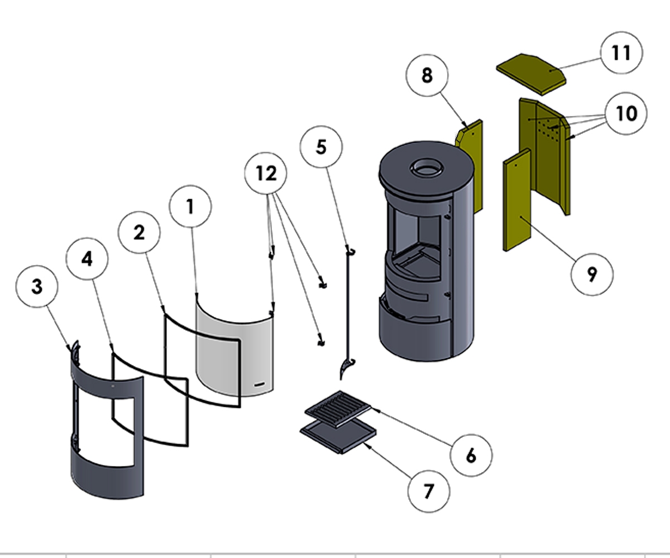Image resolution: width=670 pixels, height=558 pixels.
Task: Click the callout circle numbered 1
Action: [x=190, y=207]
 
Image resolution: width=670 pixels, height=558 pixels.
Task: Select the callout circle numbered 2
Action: [x=139, y=232]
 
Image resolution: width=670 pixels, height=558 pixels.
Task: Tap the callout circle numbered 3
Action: [x=37, y=287]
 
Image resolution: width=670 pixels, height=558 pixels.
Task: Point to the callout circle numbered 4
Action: [x=87, y=259]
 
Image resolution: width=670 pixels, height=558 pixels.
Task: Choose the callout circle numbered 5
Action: [x=321, y=147]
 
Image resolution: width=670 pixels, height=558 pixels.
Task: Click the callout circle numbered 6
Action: [x=471, y=455]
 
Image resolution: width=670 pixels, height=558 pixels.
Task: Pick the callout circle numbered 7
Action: [x=428, y=491]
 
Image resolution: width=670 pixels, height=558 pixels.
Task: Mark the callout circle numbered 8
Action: [x=427, y=75]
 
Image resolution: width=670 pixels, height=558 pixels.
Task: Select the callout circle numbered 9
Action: [x=592, y=274]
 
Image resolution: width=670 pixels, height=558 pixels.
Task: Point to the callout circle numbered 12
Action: [x=266, y=174]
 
